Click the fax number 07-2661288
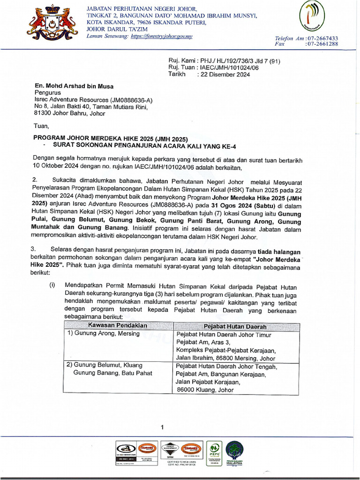click(x=322, y=44)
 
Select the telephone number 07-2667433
click(x=322, y=38)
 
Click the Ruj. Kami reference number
click(x=240, y=61)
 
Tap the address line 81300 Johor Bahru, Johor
click(x=70, y=113)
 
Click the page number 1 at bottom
click(x=162, y=427)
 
